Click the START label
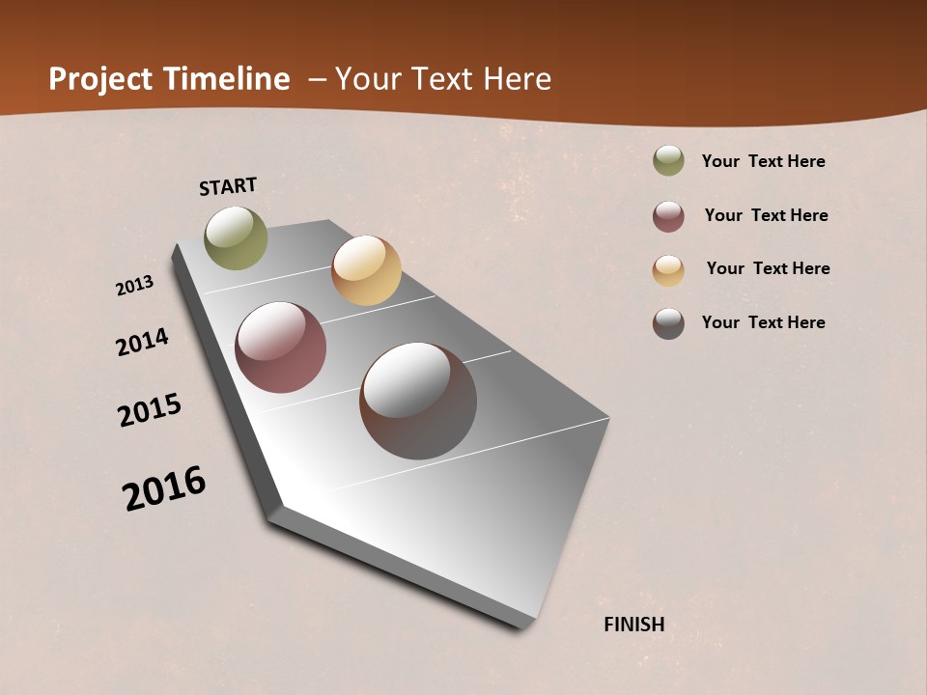pyautogui.click(x=228, y=186)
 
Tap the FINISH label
pyautogui.click(x=634, y=625)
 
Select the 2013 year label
pyautogui.click(x=135, y=286)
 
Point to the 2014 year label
pyautogui.click(x=143, y=342)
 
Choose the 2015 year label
pyautogui.click(x=150, y=410)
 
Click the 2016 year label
pyautogui.click(x=164, y=487)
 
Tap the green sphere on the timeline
pyautogui.click(x=237, y=237)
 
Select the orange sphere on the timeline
pyautogui.click(x=366, y=270)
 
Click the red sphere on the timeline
pyautogui.click(x=281, y=347)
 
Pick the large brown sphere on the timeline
pyautogui.click(x=418, y=401)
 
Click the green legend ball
pyautogui.click(x=668, y=161)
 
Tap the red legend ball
pyautogui.click(x=668, y=216)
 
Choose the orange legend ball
pyautogui.click(x=668, y=270)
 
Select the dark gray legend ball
pyautogui.click(x=668, y=323)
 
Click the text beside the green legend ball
pyautogui.click(x=763, y=161)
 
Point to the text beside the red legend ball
pyautogui.click(x=766, y=215)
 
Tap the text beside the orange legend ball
pyautogui.click(x=768, y=268)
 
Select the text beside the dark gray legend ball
pyautogui.click(x=763, y=322)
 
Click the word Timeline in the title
pyautogui.click(x=227, y=79)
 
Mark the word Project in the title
pyautogui.click(x=101, y=80)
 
